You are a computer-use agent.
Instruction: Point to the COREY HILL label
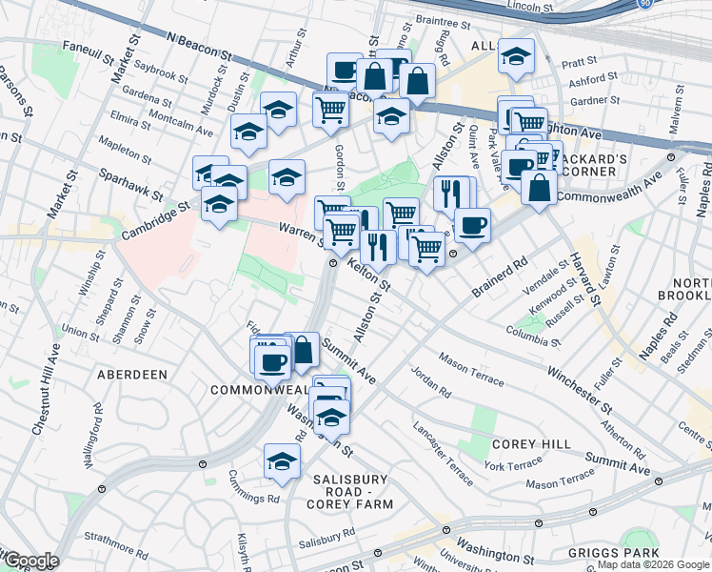[x=531, y=444]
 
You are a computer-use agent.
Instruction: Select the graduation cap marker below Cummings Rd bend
[x=283, y=460]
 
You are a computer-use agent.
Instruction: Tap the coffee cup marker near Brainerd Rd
[x=472, y=225]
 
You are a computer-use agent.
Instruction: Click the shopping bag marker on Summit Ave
[x=302, y=349]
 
